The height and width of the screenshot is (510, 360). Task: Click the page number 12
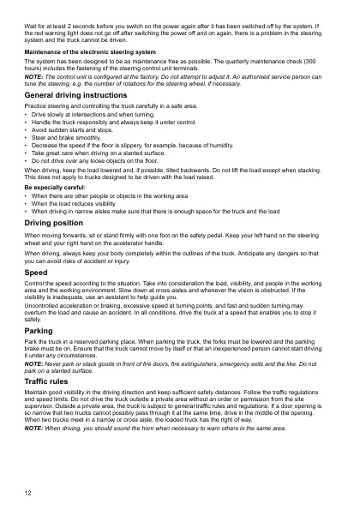27,494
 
